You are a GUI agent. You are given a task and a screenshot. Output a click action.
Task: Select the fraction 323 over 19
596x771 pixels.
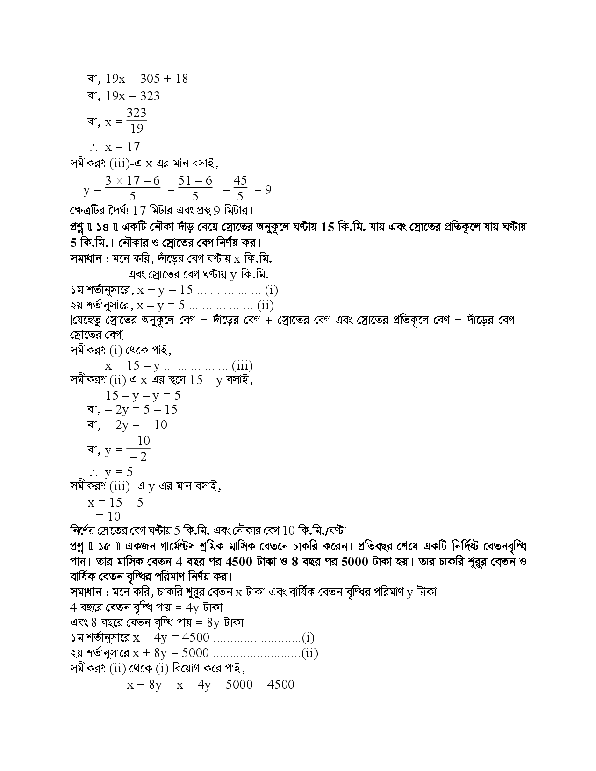136,121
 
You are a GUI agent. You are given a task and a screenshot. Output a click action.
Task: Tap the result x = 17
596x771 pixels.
122,147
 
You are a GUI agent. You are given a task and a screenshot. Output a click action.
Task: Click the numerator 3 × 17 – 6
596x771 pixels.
132,181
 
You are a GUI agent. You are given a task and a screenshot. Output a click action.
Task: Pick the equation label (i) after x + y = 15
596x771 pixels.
272,290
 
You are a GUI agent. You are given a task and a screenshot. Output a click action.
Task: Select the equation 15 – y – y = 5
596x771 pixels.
143,395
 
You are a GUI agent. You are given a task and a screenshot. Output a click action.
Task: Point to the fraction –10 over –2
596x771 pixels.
138,449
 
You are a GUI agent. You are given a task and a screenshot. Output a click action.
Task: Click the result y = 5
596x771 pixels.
119,471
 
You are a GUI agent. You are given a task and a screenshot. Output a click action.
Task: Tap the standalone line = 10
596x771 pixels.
108,516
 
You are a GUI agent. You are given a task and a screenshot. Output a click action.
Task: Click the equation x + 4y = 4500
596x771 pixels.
171,638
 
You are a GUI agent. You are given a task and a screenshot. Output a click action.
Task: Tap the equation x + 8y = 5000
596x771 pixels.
171,653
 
